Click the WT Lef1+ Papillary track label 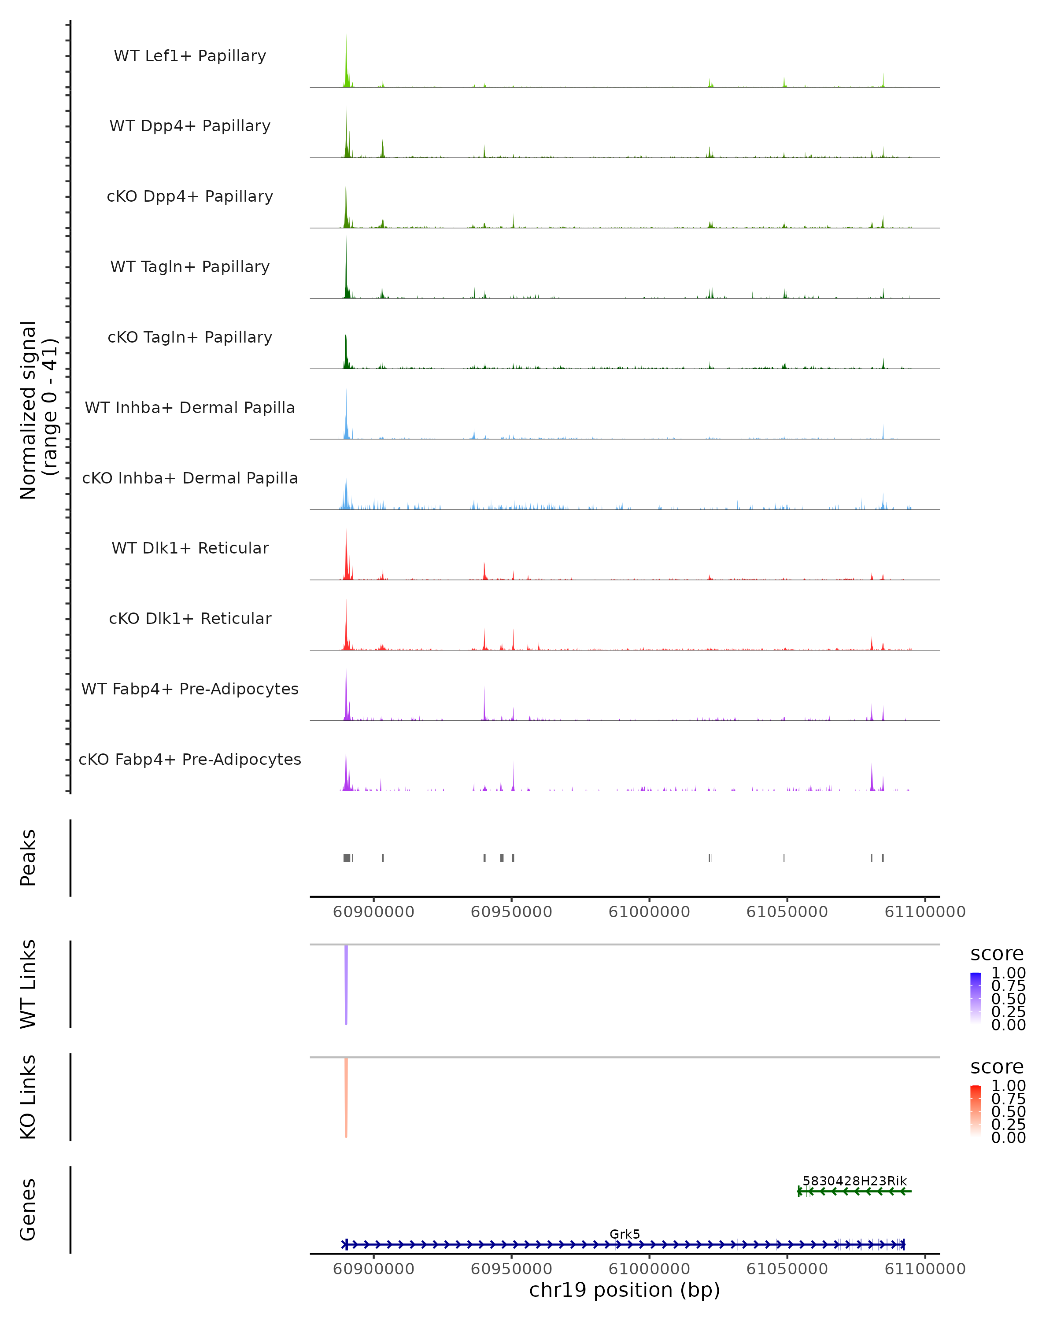(x=190, y=56)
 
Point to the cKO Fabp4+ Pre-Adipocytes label (x=190, y=759)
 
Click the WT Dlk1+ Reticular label (x=190, y=548)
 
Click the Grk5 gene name (x=625, y=1234)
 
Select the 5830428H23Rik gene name (x=854, y=1181)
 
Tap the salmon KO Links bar (x=346, y=1097)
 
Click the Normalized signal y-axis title (x=38, y=410)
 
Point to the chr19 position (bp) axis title (x=625, y=1290)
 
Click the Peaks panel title (x=28, y=858)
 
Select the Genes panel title (x=28, y=1210)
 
